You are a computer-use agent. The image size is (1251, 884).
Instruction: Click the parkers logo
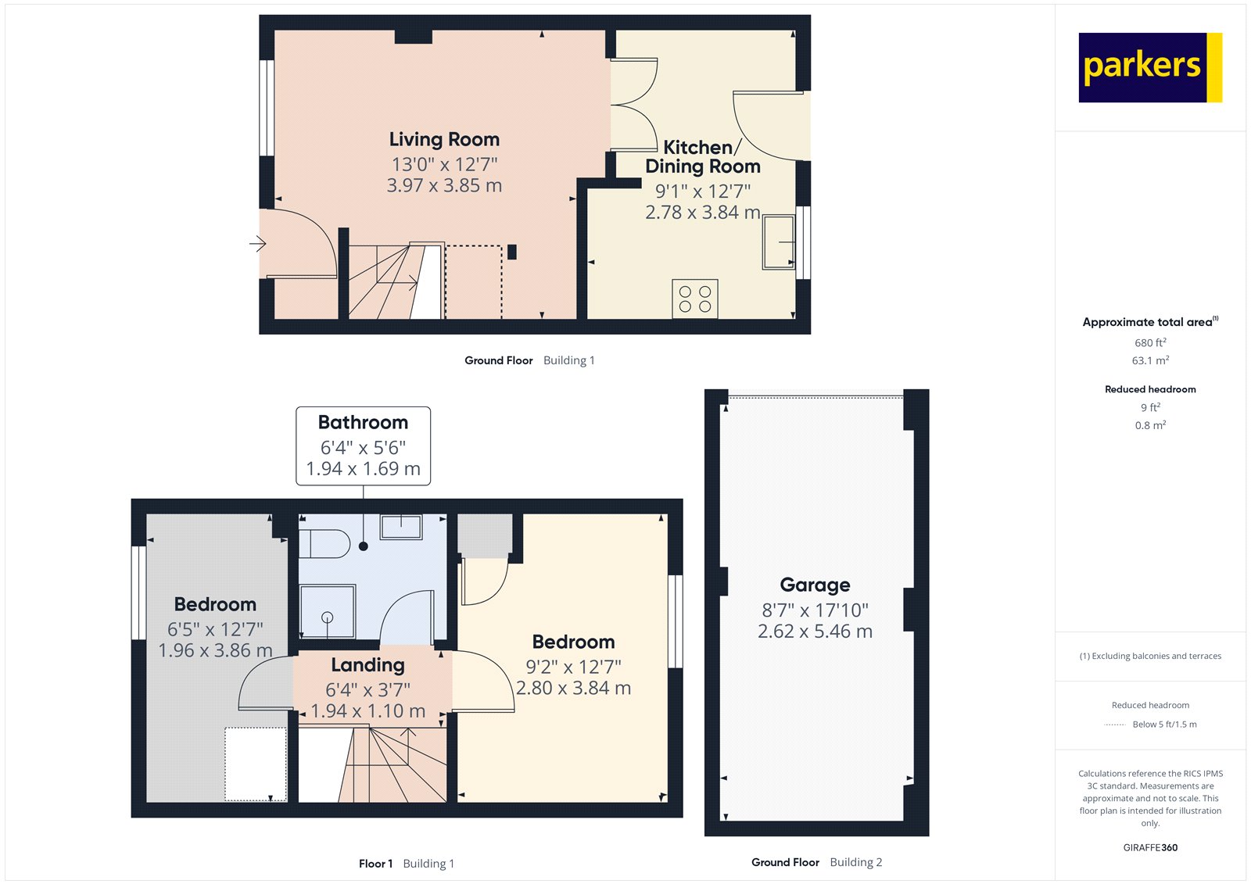(x=1149, y=67)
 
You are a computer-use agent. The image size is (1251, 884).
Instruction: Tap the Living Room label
(x=444, y=140)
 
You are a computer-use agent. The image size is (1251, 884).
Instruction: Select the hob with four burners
(x=694, y=299)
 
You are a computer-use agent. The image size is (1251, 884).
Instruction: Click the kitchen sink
(x=779, y=242)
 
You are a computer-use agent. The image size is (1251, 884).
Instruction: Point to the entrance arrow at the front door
(x=257, y=245)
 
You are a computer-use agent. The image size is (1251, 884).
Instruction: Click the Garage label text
(x=815, y=585)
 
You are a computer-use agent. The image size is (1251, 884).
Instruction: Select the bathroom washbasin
(x=401, y=527)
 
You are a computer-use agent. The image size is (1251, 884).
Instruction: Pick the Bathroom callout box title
(x=363, y=423)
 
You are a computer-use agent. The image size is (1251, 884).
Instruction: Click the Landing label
(x=367, y=665)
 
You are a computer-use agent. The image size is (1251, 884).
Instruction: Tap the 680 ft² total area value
(x=1150, y=343)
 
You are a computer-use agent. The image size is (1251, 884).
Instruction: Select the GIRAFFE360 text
(x=1150, y=847)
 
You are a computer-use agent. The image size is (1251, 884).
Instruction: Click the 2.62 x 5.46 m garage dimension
(x=815, y=632)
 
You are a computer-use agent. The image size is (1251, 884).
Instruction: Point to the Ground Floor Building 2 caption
(x=816, y=862)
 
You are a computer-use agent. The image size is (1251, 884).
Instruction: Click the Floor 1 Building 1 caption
(x=406, y=864)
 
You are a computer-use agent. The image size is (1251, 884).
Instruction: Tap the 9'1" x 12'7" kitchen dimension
(x=702, y=191)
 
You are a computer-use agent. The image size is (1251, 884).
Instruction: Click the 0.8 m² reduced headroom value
(x=1150, y=426)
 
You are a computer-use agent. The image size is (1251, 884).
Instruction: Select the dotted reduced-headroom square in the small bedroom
(x=256, y=764)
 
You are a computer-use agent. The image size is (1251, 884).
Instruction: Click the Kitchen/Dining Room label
(x=702, y=157)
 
